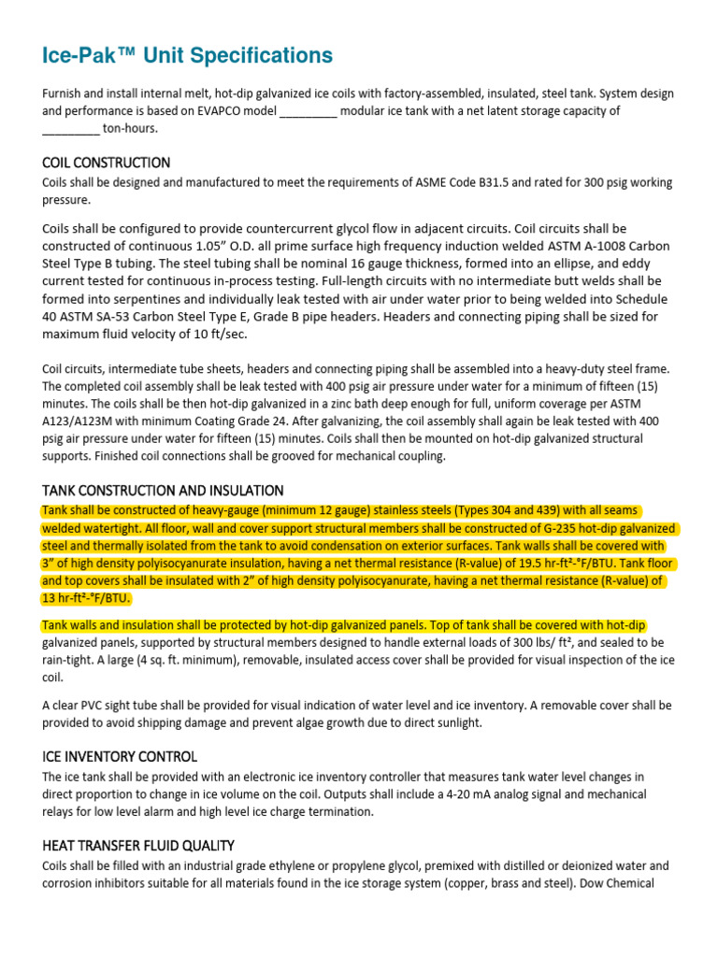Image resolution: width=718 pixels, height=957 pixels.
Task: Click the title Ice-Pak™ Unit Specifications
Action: point(187,56)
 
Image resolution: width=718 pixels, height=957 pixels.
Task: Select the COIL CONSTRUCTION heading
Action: point(106,163)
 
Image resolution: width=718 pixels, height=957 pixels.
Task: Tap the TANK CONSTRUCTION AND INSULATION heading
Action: point(163,491)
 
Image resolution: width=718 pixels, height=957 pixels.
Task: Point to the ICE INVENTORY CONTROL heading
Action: point(120,756)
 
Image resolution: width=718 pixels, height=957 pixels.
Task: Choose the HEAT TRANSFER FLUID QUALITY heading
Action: point(137,846)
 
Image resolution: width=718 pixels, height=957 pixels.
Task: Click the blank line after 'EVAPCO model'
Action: point(308,111)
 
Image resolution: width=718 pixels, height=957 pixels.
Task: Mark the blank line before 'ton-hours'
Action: point(71,129)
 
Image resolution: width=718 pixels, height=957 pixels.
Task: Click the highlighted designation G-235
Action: point(506,528)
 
